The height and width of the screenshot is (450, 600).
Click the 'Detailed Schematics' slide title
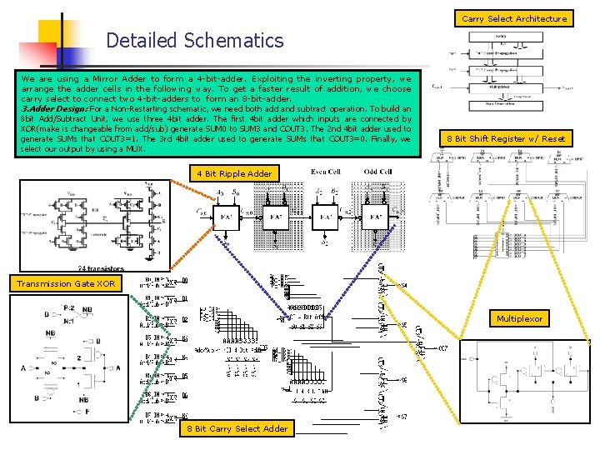tap(195, 40)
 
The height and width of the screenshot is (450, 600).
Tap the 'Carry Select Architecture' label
tap(513, 17)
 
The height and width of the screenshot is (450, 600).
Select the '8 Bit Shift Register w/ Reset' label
tap(507, 138)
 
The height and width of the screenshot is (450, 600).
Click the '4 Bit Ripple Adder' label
tap(233, 173)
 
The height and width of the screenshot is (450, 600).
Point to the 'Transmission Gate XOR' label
tap(66, 284)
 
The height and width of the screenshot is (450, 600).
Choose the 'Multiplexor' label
tap(519, 318)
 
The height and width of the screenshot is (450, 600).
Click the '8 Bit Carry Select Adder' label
tap(237, 428)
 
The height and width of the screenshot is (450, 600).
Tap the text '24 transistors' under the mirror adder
tap(100, 268)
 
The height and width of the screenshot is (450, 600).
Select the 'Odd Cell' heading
tap(377, 172)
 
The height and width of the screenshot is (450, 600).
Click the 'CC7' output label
tap(443, 347)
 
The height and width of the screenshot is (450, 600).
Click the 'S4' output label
tap(403, 287)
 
